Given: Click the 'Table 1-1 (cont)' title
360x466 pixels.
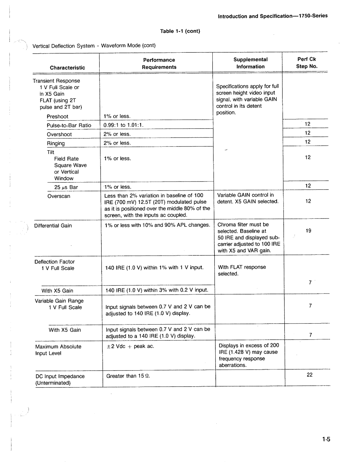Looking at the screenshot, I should [x=180, y=31].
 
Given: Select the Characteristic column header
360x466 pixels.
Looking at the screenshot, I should [x=67, y=68].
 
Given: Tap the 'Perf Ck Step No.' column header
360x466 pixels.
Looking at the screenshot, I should [x=307, y=63].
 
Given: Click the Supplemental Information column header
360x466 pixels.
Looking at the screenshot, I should [x=250, y=63].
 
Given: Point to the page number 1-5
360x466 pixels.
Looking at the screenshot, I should [x=326, y=439].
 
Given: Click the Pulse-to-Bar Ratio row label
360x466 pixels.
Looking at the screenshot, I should [x=69, y=125].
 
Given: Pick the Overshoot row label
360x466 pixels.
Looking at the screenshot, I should [x=59, y=134].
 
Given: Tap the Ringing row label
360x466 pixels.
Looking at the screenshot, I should [x=56, y=143].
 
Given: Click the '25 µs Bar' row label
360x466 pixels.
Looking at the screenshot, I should [x=66, y=187].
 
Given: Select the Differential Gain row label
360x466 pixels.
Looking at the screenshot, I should [x=53, y=226].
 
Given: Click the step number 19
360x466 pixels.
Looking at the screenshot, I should [x=308, y=231].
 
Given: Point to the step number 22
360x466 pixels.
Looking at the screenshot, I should [x=310, y=375].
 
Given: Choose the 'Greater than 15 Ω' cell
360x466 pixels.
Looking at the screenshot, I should [x=128, y=376].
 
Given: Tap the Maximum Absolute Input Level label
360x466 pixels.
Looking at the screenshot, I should [x=58, y=350].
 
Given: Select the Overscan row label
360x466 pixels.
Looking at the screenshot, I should [x=59, y=196].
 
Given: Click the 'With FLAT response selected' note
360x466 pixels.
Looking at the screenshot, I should [x=242, y=271].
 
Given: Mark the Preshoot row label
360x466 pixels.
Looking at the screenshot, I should [x=57, y=117].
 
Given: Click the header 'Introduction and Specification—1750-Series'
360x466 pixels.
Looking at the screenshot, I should [x=273, y=16].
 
